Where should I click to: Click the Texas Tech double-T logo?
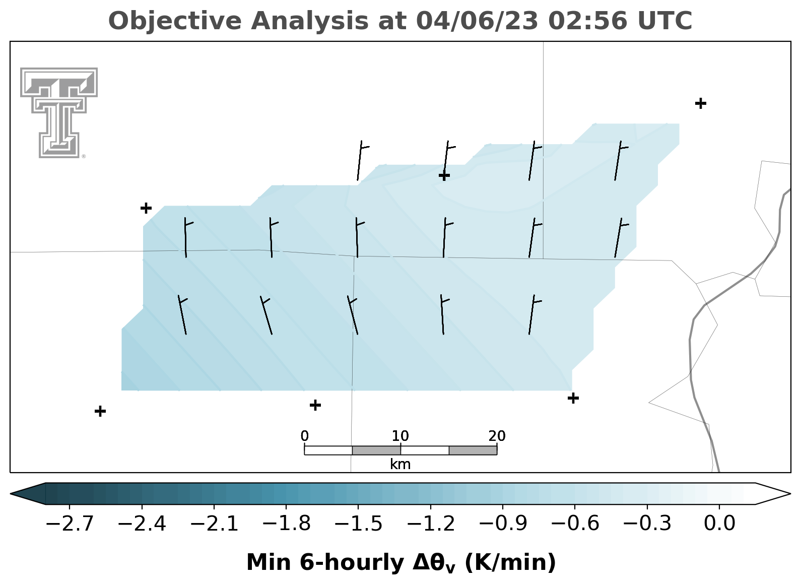tap(59, 113)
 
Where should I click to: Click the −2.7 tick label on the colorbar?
tap(70, 524)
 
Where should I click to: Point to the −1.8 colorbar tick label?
tap(287, 524)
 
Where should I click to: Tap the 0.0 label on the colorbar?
tap(719, 524)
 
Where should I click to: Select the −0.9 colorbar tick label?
tap(503, 524)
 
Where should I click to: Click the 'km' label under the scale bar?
tap(400, 465)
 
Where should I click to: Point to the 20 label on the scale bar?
tap(497, 436)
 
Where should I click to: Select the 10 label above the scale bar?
tap(400, 436)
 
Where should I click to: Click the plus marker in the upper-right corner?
tap(701, 104)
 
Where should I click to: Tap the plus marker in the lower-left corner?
tap(100, 411)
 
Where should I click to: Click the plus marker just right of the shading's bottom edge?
tap(573, 398)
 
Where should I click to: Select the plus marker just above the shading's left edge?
tap(146, 208)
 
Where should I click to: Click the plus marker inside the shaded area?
tap(444, 176)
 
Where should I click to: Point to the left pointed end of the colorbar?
tap(11, 494)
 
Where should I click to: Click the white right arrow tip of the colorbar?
tap(790, 494)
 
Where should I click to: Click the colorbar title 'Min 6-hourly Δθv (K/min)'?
tap(401, 563)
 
